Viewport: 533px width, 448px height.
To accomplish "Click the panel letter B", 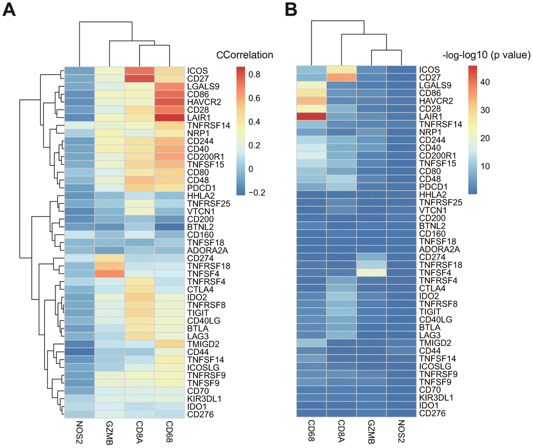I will tap(289, 10).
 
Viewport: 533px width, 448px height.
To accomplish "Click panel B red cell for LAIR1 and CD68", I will tap(311, 116).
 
